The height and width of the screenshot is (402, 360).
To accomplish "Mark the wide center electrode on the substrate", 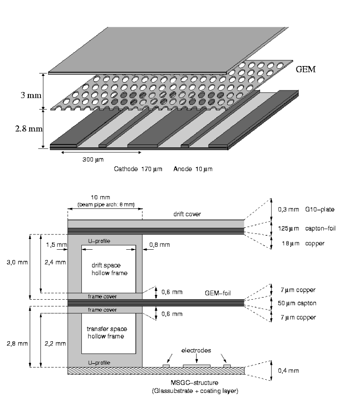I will tap(197, 366).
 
